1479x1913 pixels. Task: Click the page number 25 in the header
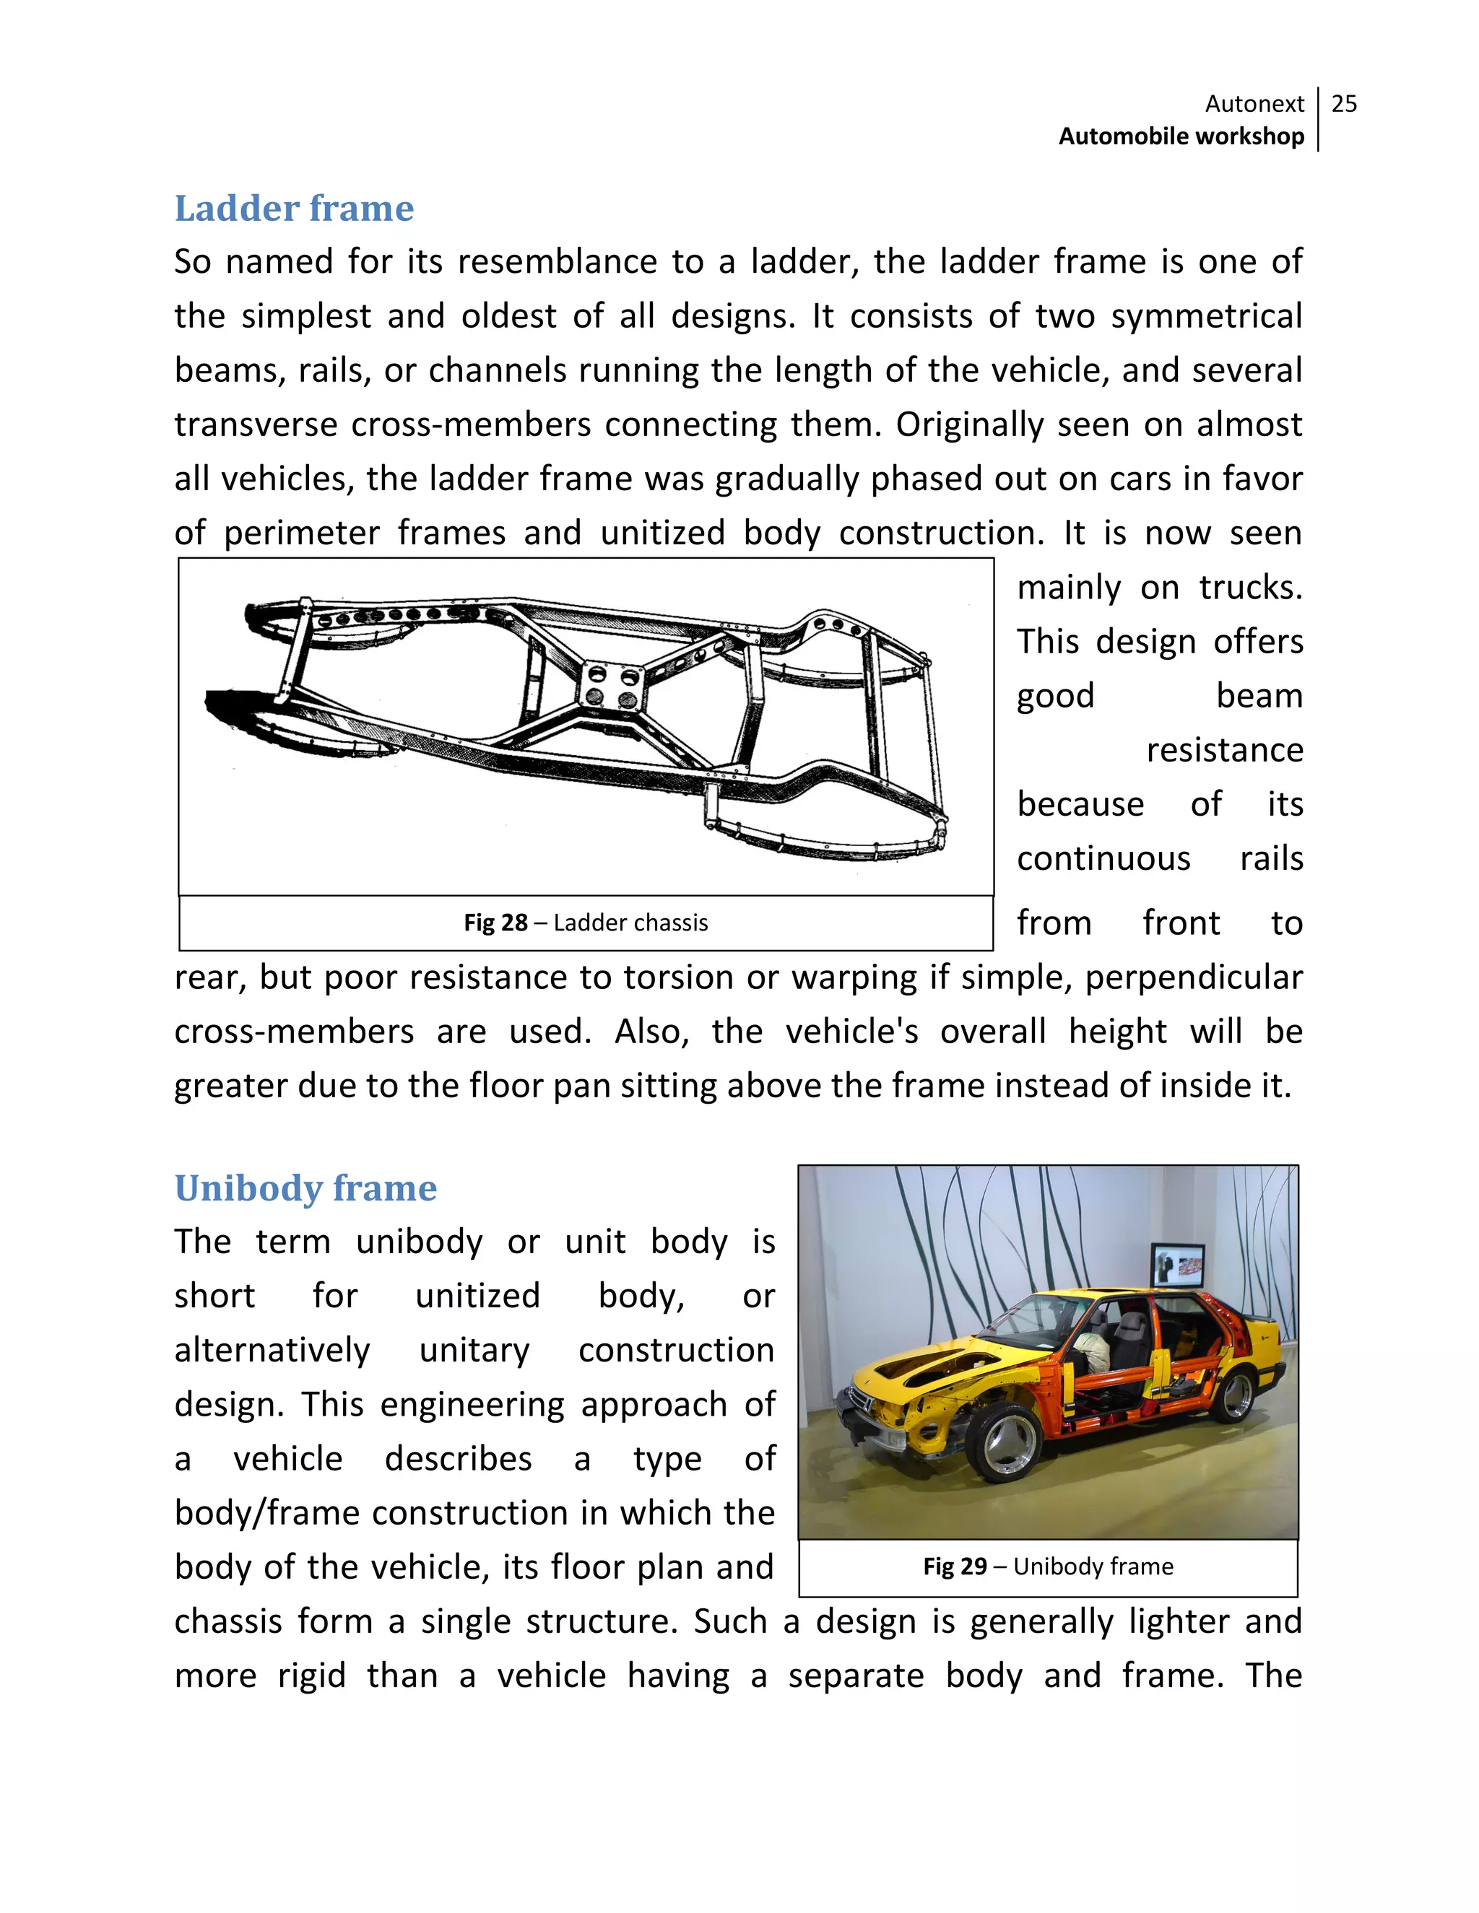coord(1343,104)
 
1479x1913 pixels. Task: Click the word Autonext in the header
coord(1254,104)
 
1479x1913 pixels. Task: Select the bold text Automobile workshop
coord(1180,136)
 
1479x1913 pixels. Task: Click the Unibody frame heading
coord(305,1189)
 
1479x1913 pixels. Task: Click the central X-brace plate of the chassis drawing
coord(612,686)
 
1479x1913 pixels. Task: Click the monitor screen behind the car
coord(1179,1267)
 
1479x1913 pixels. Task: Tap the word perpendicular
coord(1193,977)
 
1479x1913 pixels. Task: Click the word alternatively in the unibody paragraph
coord(272,1351)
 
